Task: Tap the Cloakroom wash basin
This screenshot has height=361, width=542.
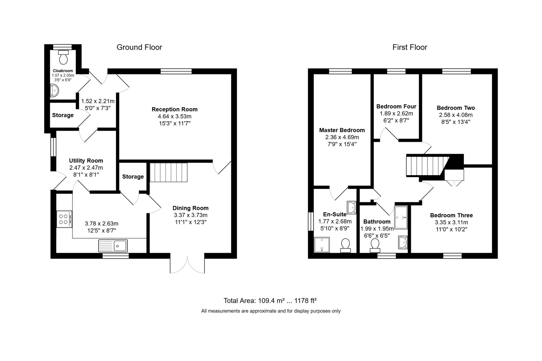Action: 55,91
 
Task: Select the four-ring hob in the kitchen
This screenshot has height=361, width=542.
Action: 64,219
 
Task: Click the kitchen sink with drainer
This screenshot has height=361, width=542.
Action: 113,246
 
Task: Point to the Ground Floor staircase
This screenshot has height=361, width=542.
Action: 169,172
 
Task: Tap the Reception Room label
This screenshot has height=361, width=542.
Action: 174,109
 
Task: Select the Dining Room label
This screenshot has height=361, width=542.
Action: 191,208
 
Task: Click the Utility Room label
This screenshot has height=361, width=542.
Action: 86,161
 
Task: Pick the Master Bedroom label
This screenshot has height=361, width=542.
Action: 342,130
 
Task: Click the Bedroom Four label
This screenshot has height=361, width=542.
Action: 396,106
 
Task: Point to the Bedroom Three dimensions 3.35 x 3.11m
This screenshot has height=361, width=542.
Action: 451,222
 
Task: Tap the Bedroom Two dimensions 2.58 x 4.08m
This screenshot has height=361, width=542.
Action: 456,115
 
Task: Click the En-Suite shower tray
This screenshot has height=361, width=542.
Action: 322,245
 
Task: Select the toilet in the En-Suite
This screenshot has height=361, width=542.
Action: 345,246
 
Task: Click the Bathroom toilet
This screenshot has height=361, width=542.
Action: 375,246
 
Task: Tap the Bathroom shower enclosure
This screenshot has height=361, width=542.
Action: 401,217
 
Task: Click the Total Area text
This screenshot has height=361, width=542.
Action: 270,301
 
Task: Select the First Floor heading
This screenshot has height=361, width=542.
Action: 410,47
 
